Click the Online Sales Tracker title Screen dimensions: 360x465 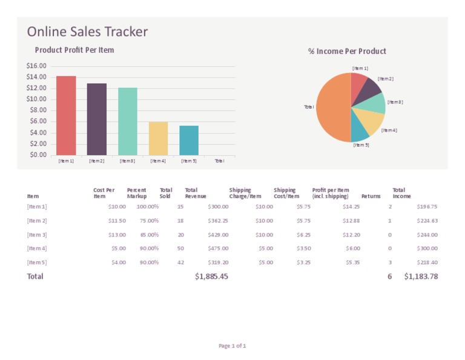pyautogui.click(x=87, y=32)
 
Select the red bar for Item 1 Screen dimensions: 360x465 pyautogui.click(x=66, y=115)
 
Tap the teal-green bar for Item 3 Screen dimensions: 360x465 pyautogui.click(x=128, y=121)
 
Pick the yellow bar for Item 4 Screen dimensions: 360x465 pyautogui.click(x=158, y=138)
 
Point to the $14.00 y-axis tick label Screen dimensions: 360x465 pyautogui.click(x=36, y=77)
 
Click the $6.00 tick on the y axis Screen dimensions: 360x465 pyautogui.click(x=38, y=121)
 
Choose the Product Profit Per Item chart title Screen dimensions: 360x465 pyautogui.click(x=74, y=50)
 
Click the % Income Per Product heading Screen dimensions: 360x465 pyautogui.click(x=347, y=52)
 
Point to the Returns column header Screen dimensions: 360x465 pyautogui.click(x=371, y=196)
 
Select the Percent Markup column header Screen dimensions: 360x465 pyautogui.click(x=137, y=193)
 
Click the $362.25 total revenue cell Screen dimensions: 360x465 pyautogui.click(x=216, y=221)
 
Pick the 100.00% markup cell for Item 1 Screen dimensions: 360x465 pyautogui.click(x=148, y=207)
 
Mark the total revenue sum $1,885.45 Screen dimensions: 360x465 pyautogui.click(x=211, y=276)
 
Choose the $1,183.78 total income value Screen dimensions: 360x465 pyautogui.click(x=421, y=276)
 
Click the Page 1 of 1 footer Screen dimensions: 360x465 pyautogui.click(x=232, y=346)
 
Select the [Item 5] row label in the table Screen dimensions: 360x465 pyautogui.click(x=37, y=262)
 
